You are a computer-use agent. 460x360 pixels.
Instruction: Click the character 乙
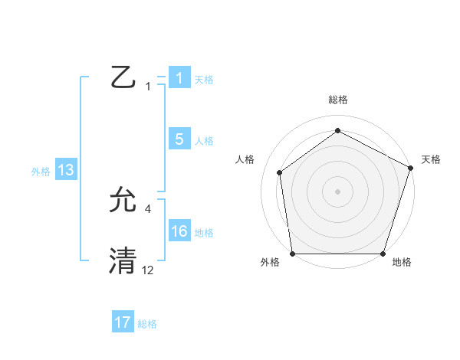pos(124,78)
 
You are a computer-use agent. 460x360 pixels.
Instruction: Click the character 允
pos(124,201)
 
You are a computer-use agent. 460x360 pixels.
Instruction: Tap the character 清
pos(124,261)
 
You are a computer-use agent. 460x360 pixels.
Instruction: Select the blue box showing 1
pos(179,78)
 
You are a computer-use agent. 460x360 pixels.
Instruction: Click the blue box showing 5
pos(179,139)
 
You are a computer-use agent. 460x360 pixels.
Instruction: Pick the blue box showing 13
pos(65,171)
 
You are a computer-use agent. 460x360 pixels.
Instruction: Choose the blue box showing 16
pos(179,231)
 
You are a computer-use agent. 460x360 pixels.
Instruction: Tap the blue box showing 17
pos(123,322)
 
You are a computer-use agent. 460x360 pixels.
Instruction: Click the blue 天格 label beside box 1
pos(204,79)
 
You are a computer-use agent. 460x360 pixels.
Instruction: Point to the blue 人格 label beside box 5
pos(204,140)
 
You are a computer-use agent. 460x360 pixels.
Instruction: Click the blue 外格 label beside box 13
pos(41,172)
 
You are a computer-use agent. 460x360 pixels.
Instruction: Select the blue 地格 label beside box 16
pos(204,232)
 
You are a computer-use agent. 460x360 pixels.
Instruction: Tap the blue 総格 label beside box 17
pos(147,323)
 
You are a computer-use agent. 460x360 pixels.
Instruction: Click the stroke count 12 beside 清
pos(147,270)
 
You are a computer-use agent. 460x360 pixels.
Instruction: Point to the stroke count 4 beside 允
pos(147,208)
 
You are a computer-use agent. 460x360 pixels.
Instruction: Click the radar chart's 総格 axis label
pos(338,100)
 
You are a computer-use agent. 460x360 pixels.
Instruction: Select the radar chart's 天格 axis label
pos(431,159)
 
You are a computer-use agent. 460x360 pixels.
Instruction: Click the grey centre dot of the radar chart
pos(338,191)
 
